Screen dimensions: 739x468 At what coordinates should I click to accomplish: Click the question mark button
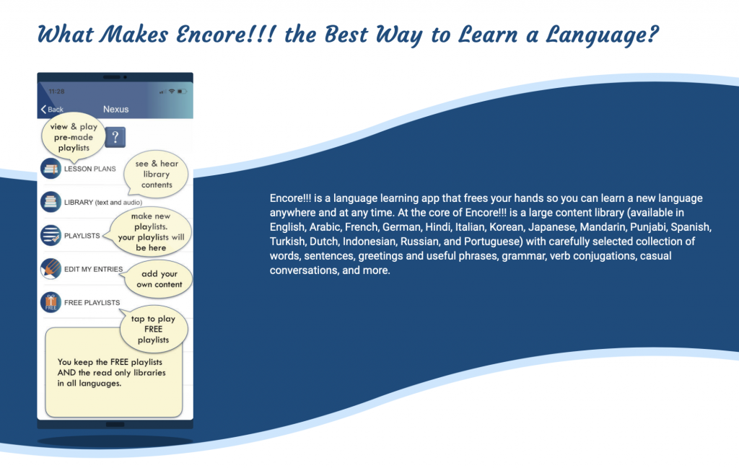point(115,137)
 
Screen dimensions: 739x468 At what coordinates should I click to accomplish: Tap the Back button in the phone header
point(52,109)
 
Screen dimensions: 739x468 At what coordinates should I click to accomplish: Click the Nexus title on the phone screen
point(116,109)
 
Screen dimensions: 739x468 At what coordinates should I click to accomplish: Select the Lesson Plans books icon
point(51,169)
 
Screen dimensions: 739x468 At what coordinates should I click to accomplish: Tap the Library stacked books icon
point(51,202)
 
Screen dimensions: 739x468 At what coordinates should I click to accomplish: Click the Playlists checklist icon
point(51,235)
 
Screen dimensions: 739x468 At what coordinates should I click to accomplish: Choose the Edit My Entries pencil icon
point(51,269)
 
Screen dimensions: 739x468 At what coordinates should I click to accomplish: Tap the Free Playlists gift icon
point(51,302)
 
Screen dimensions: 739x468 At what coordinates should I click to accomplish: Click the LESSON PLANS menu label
point(90,169)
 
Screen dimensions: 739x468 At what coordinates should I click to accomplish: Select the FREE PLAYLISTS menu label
point(92,303)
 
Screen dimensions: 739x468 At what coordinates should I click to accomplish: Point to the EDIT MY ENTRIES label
point(93,269)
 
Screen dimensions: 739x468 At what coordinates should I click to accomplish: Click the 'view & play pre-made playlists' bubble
point(74,137)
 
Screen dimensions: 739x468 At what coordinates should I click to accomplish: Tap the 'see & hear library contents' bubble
point(157,175)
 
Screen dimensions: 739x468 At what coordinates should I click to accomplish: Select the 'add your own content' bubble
point(158,279)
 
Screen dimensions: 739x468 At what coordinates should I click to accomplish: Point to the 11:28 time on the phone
point(56,92)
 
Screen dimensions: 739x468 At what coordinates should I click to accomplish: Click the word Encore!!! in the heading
point(225,35)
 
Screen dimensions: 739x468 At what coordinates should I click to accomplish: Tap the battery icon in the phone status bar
point(182,92)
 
